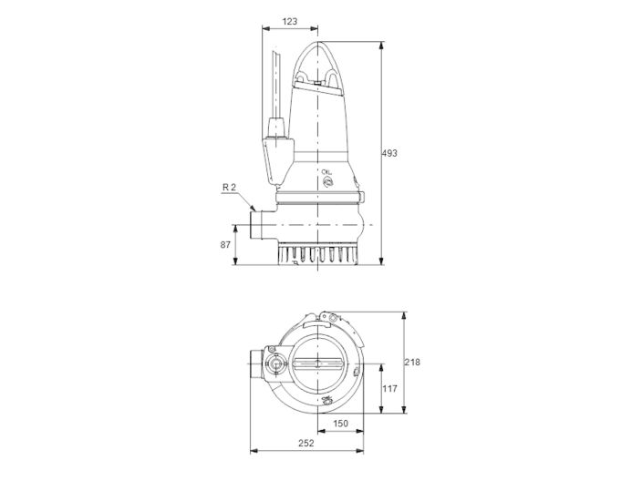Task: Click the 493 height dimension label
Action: click(390, 153)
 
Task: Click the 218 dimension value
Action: click(412, 362)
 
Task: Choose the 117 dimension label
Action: click(389, 390)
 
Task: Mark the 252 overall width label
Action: click(306, 443)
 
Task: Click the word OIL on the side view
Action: click(326, 171)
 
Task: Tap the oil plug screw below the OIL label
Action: click(326, 181)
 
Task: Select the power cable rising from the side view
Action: click(275, 87)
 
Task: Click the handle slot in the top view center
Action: click(317, 364)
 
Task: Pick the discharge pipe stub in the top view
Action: click(254, 365)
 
